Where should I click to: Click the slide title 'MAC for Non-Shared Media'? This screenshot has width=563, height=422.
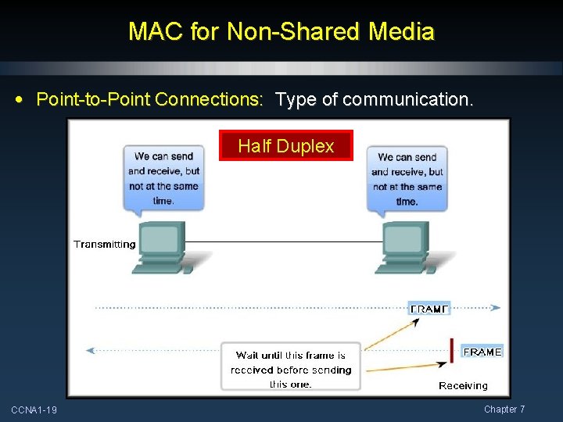(x=281, y=31)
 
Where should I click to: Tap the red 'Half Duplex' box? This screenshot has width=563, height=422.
(x=285, y=145)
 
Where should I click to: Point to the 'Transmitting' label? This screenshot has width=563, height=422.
(x=104, y=245)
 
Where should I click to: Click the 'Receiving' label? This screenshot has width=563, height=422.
(x=463, y=385)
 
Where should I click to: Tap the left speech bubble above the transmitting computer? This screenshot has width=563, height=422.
(x=163, y=178)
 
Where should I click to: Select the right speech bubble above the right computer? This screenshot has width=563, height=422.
(x=407, y=178)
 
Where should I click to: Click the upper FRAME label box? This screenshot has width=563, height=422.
(x=429, y=308)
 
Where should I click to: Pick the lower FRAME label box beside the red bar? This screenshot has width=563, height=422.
(x=482, y=352)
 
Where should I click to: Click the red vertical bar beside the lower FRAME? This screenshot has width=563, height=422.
(x=452, y=350)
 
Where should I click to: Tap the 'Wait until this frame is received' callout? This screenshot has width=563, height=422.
(x=290, y=367)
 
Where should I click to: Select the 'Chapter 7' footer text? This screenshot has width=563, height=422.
(x=504, y=409)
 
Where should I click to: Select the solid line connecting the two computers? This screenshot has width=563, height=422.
(x=281, y=241)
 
